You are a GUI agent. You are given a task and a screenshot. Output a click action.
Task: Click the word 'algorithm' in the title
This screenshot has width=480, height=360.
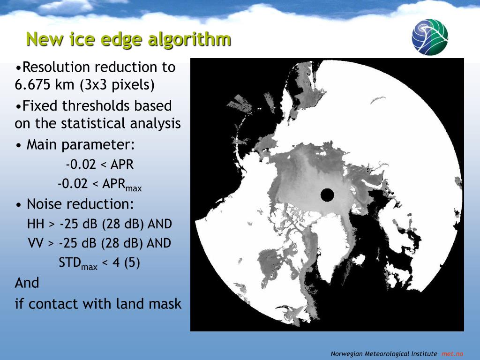click(x=189, y=40)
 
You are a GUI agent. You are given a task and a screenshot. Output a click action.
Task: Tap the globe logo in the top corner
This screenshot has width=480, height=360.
click(x=430, y=37)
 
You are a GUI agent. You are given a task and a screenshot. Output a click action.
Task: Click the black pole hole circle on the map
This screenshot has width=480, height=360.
click(x=327, y=195)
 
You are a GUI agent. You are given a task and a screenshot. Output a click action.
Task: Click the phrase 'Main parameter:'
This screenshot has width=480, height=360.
click(x=81, y=145)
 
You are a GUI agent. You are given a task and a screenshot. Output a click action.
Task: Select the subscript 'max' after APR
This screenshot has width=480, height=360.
click(x=134, y=187)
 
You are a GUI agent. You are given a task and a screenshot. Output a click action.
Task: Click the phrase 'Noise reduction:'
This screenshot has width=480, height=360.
click(x=81, y=204)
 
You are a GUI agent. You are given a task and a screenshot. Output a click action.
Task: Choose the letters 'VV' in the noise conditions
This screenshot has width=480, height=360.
click(x=36, y=243)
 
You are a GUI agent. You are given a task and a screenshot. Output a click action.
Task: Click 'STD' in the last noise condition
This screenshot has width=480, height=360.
click(x=69, y=262)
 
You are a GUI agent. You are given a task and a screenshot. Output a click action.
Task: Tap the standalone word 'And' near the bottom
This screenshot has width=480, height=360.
click(x=27, y=283)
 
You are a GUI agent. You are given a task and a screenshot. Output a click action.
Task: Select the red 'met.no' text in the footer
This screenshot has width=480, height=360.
click(x=452, y=354)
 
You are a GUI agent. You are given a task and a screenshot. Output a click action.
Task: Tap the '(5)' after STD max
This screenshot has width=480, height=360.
click(x=132, y=262)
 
